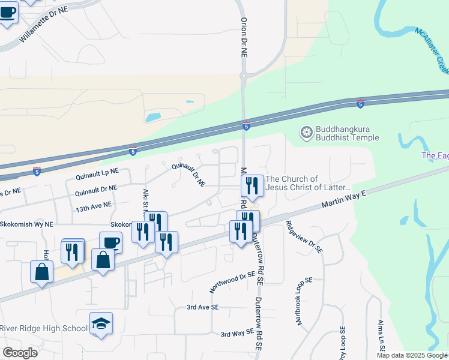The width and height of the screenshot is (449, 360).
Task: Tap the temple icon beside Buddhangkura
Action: tap(307, 132)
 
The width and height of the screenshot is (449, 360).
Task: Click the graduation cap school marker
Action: tap(101, 325)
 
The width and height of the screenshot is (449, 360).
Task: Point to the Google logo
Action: tap(20, 353)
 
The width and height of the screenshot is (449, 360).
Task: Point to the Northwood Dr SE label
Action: tap(232, 281)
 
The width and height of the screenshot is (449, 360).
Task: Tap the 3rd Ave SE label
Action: tap(202, 307)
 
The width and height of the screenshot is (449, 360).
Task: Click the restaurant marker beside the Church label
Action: tap(252, 186)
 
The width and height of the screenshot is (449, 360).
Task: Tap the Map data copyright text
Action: tap(412, 355)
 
